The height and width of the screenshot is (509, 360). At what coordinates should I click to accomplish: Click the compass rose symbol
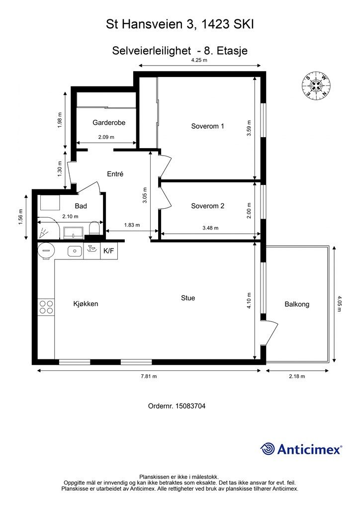316,86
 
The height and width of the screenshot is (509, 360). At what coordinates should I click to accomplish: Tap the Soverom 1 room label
207,126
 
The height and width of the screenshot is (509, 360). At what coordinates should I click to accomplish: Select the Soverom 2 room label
207,206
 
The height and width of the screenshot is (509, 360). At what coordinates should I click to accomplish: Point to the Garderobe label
109,122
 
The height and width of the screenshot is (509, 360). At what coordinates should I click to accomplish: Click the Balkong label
297,304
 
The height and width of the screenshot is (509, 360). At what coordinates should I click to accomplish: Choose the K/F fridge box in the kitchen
109,251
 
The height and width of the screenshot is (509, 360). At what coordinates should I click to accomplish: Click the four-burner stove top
46,307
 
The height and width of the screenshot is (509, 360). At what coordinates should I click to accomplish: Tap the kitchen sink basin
75,251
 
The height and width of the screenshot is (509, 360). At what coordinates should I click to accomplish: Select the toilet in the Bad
94,229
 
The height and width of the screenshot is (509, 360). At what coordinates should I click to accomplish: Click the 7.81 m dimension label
149,376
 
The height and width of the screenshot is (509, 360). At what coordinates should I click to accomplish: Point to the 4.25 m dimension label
199,60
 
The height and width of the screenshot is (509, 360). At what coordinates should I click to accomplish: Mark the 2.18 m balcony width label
297,376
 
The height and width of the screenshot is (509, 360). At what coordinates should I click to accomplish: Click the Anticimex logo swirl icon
268,449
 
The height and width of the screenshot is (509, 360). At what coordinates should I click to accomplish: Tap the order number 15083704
190,406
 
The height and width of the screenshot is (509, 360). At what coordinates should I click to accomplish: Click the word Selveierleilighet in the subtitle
151,51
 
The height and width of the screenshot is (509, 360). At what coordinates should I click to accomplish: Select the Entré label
115,174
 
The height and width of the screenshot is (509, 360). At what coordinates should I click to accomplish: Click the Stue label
188,298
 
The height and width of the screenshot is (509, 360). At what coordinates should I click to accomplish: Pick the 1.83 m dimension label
132,225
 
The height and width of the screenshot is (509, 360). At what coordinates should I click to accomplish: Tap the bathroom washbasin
74,233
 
